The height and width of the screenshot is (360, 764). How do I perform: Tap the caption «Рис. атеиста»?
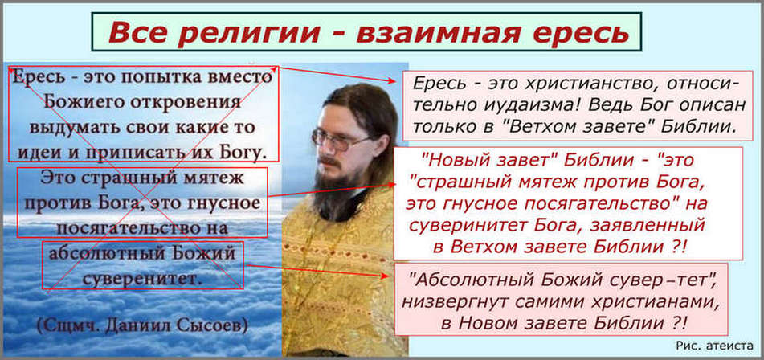[x=712, y=346]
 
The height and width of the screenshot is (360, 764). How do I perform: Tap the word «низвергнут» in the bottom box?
[x=448, y=302]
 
